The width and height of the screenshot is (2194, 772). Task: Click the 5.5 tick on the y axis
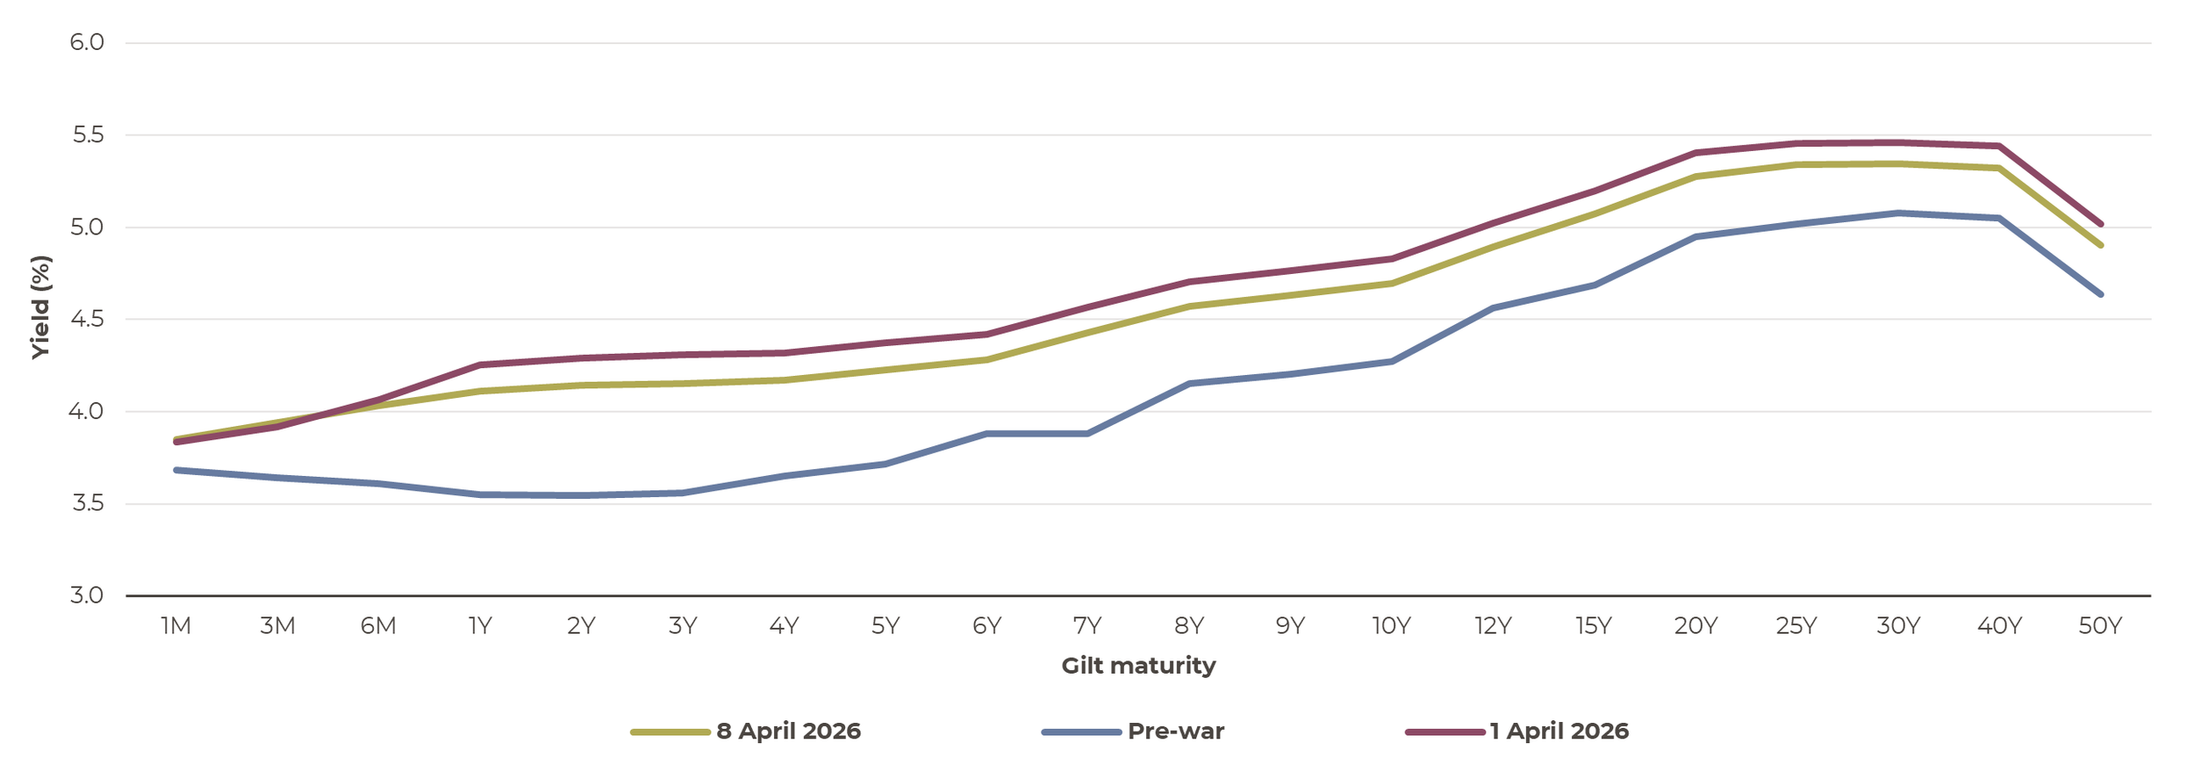click(86, 135)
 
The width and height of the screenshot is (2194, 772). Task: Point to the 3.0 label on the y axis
click(86, 595)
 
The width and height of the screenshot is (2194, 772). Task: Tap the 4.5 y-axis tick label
click(86, 320)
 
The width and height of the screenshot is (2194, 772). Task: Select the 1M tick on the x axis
click(176, 626)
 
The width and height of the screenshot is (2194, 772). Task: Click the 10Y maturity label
click(1391, 626)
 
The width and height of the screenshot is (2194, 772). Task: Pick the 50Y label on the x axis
click(2100, 626)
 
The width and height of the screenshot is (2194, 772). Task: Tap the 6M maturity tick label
click(378, 626)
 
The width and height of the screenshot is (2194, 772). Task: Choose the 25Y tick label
click(1796, 626)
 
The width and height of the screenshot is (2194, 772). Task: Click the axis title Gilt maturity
click(1138, 666)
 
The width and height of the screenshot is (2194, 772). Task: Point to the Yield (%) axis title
click(40, 307)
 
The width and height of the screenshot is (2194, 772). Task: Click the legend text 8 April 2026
click(788, 732)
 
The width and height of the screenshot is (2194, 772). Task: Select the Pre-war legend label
click(1175, 732)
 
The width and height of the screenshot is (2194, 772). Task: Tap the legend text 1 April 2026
click(1559, 732)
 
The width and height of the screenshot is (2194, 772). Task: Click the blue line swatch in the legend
click(1081, 732)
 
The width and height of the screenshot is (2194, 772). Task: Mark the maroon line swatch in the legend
click(1445, 732)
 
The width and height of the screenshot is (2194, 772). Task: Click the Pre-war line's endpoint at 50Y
click(2100, 294)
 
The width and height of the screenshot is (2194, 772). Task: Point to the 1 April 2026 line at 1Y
click(480, 364)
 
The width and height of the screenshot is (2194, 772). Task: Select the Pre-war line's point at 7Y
click(1087, 434)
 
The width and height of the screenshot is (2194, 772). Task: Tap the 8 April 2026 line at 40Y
click(1999, 168)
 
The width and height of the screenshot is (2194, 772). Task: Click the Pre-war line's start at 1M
click(176, 470)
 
